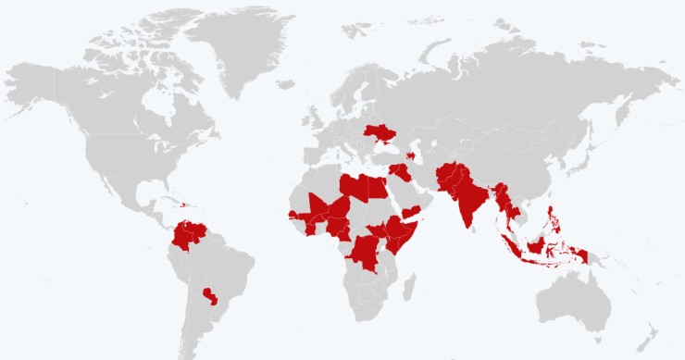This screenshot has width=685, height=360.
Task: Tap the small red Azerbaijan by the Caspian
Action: tap(410, 155)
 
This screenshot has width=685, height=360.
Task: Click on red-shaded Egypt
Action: tap(379, 188)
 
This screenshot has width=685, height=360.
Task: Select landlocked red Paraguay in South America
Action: tap(211, 298)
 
